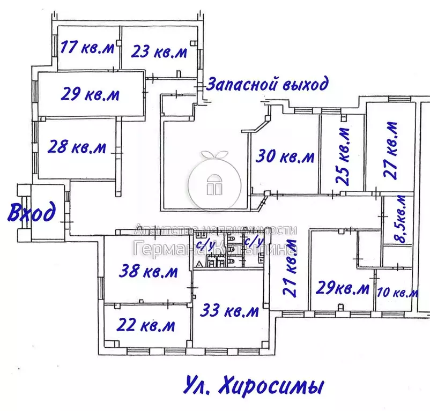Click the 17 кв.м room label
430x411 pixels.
[87, 48]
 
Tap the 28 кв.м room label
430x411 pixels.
[77, 146]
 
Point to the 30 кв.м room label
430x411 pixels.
[285, 157]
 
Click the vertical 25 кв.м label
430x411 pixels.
[344, 156]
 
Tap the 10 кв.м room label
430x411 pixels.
[397, 293]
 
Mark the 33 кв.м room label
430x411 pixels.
[230, 310]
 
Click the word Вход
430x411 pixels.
[32, 212]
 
